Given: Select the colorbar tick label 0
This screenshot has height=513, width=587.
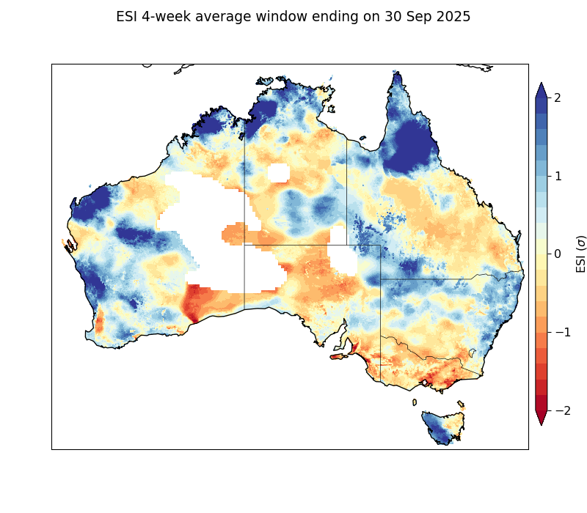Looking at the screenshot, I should click(x=557, y=254).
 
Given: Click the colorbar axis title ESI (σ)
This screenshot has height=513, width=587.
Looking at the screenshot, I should click(x=581, y=254).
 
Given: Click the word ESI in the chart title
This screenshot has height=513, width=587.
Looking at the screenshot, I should click(x=128, y=17).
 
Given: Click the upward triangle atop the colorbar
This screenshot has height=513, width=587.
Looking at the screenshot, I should click(x=542, y=90).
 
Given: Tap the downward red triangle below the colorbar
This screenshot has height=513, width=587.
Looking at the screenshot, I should click(x=542, y=418).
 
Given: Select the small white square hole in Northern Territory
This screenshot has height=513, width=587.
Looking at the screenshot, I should click(x=279, y=173).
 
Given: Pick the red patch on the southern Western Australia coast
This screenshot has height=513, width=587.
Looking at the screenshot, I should click(x=194, y=304).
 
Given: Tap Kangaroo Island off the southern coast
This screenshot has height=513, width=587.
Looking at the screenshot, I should click(x=338, y=357).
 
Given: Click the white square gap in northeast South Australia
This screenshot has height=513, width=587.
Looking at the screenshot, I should click(x=342, y=261).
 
